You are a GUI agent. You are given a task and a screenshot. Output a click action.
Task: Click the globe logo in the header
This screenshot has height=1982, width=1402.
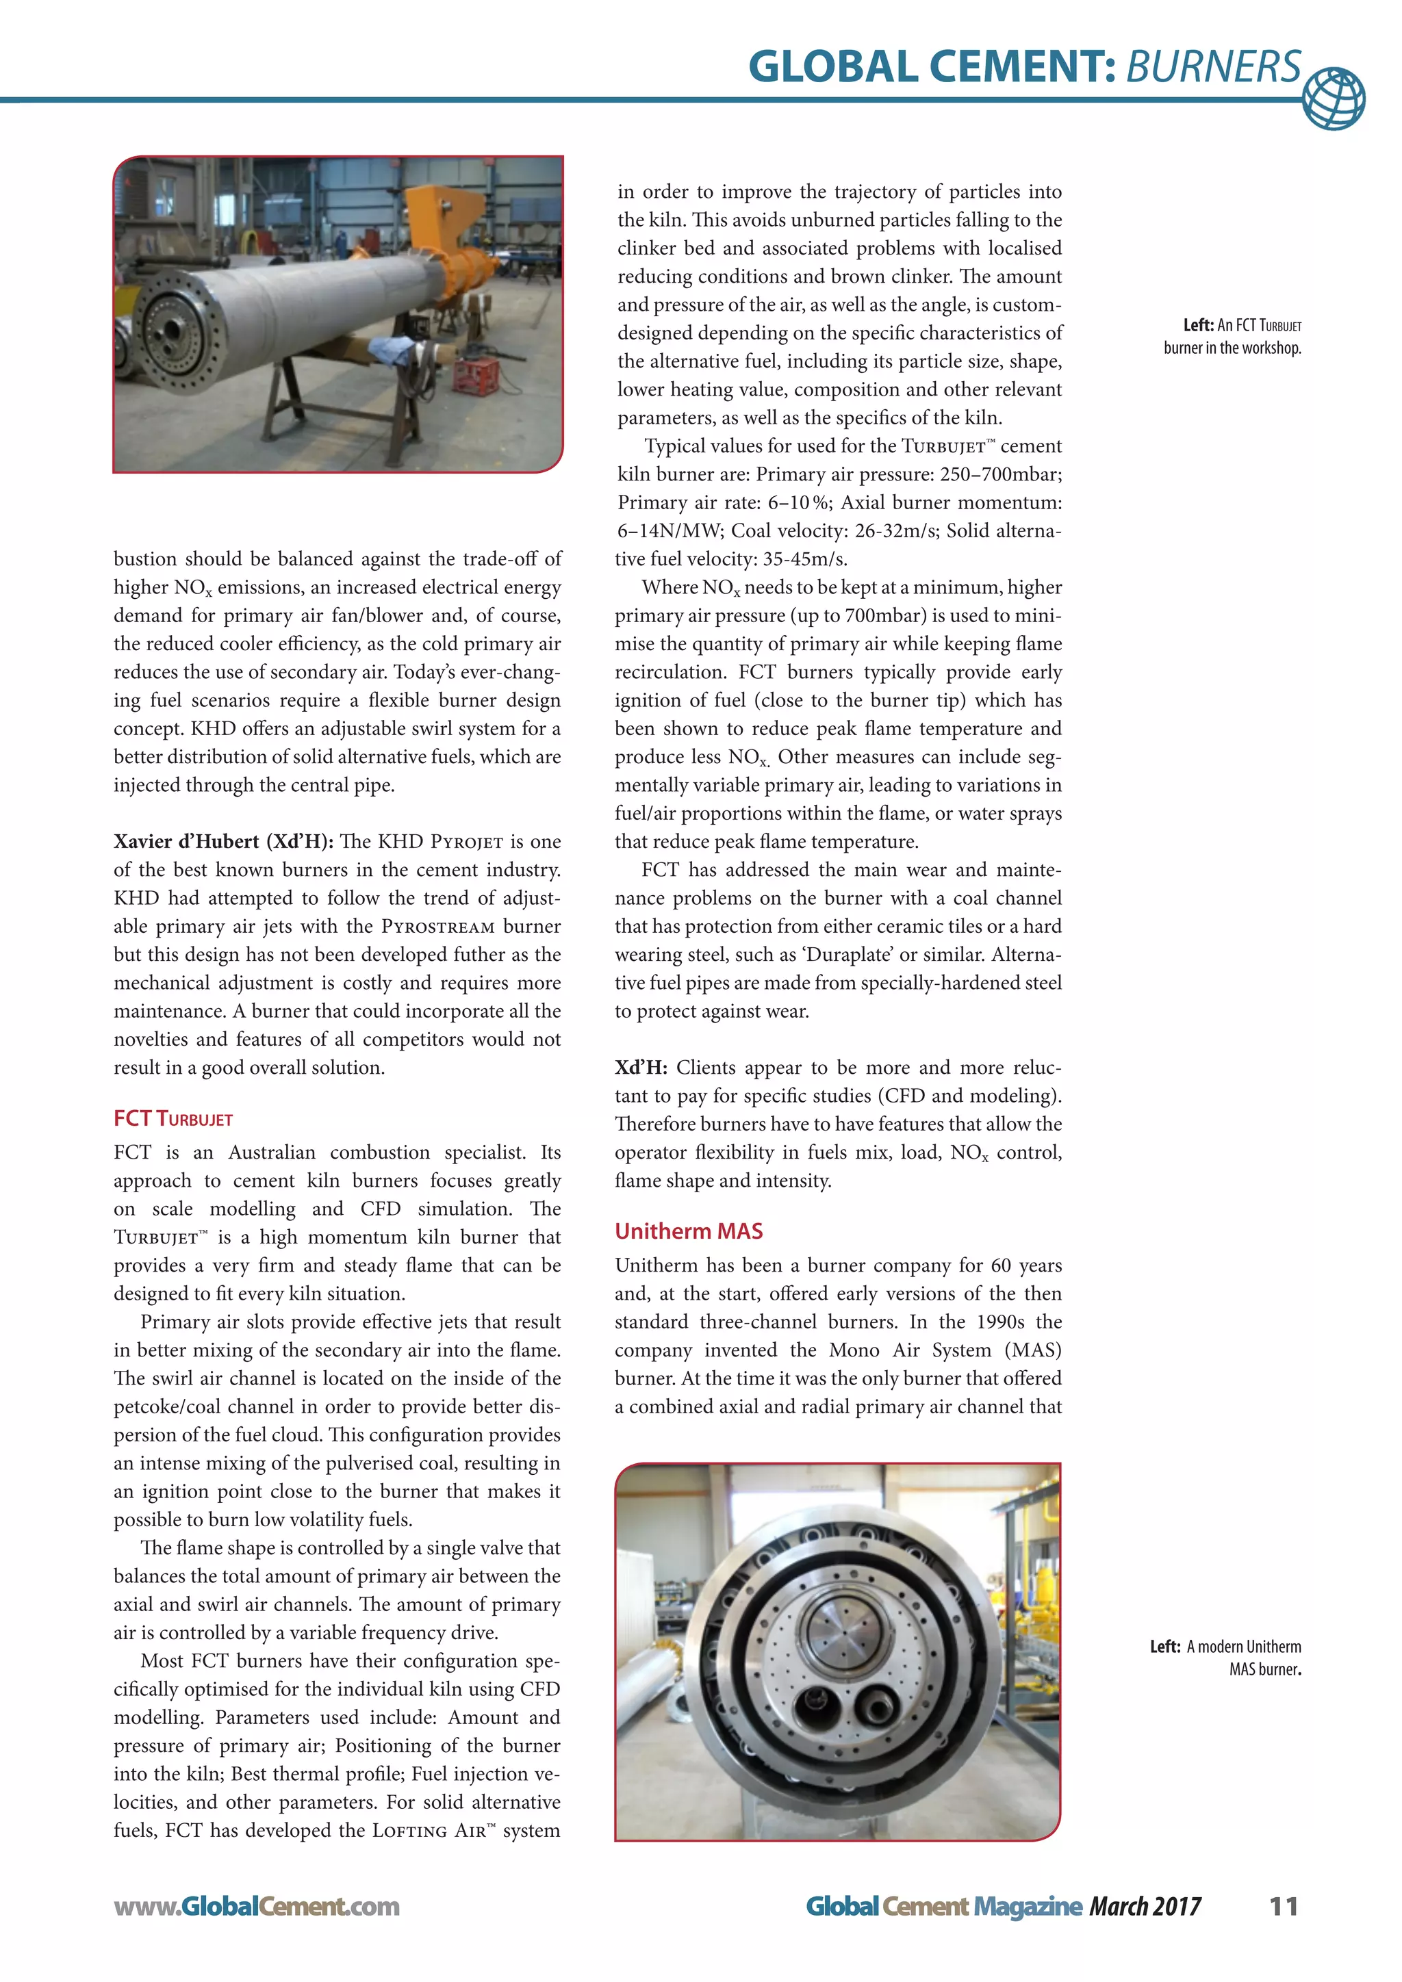pyautogui.click(x=1333, y=99)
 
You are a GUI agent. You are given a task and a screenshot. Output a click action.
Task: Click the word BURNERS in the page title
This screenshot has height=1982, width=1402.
pyautogui.click(x=1213, y=66)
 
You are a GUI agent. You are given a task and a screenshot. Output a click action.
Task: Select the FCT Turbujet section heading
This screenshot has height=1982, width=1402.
pyautogui.click(x=173, y=1119)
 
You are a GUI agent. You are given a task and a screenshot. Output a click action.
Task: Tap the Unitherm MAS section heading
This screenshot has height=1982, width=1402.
pyautogui.click(x=688, y=1231)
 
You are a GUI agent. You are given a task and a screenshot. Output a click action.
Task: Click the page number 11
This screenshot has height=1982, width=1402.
pyautogui.click(x=1284, y=1906)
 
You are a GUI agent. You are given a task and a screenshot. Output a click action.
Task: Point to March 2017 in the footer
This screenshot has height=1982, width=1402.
pyautogui.click(x=1145, y=1906)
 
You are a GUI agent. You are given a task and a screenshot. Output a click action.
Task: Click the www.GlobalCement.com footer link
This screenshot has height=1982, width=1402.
pyautogui.click(x=257, y=1906)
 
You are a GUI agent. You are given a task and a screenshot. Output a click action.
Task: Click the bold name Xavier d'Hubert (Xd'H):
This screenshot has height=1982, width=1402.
pyautogui.click(x=222, y=842)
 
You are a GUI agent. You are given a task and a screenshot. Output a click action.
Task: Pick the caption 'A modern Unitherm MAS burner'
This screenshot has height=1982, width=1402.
pyautogui.click(x=1226, y=1658)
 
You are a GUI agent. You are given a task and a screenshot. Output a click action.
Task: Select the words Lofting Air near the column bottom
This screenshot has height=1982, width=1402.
pyautogui.click(x=428, y=1831)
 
